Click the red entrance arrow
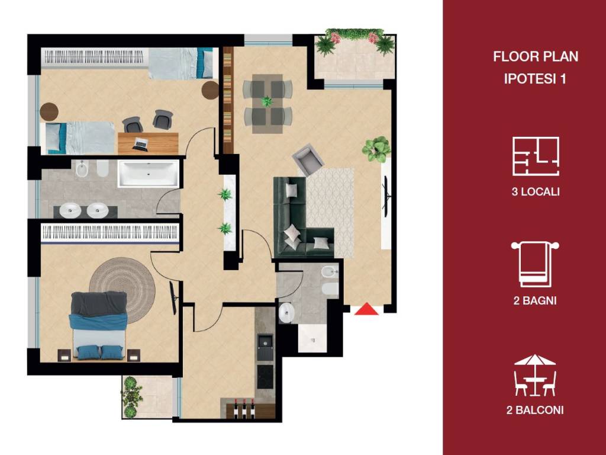pyautogui.click(x=366, y=309)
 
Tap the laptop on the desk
pyautogui.click(x=140, y=144)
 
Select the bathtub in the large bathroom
pyautogui.click(x=149, y=174)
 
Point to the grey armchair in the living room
pyautogui.click(x=308, y=159)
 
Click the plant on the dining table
pyautogui.click(x=267, y=102)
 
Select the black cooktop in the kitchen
pyautogui.click(x=265, y=377)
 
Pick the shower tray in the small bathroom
pyautogui.click(x=313, y=338)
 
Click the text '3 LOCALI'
pyautogui.click(x=535, y=191)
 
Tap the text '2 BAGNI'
pyautogui.click(x=535, y=300)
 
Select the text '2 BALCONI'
pyautogui.click(x=535, y=410)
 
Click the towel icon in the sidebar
pyautogui.click(x=535, y=265)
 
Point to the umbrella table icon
pyautogui.click(x=535, y=375)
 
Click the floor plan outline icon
pyautogui.click(x=536, y=156)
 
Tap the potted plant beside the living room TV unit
pyautogui.click(x=376, y=149)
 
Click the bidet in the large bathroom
pyautogui.click(x=82, y=169)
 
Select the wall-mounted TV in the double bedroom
pyautogui.click(x=174, y=297)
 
